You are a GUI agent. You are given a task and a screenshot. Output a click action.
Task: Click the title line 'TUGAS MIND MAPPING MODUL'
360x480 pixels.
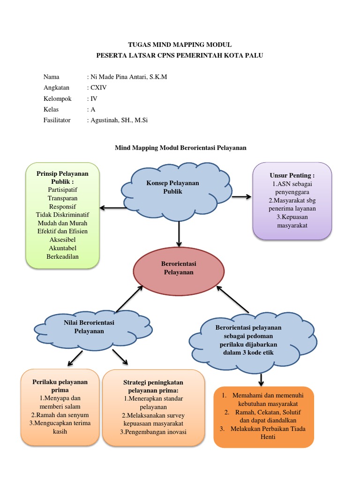pyautogui.click(x=180, y=45)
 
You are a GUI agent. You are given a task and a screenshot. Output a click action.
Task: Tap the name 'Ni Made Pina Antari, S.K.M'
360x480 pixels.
pyautogui.click(x=128, y=77)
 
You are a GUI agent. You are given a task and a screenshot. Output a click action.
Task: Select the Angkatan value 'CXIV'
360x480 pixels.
pyautogui.click(x=99, y=88)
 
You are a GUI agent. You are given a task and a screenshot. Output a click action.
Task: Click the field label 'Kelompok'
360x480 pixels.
pyautogui.click(x=57, y=98)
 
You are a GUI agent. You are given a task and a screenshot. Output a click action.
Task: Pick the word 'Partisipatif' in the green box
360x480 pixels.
pyautogui.click(x=63, y=189)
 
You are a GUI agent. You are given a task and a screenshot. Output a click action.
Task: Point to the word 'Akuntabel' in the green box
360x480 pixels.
pyautogui.click(x=63, y=248)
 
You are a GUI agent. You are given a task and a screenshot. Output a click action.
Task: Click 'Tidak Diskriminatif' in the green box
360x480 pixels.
pyautogui.click(x=63, y=215)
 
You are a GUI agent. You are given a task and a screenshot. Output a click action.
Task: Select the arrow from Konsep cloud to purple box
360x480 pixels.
pyautogui.click(x=241, y=196)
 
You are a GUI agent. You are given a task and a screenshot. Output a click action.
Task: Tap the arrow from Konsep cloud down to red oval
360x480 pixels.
pyautogui.click(x=179, y=234)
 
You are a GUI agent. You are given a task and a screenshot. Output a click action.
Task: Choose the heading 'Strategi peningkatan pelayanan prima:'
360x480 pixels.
pyautogui.click(x=153, y=386)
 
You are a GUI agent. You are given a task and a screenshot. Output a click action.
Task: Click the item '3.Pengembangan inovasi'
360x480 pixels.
pyautogui.click(x=153, y=432)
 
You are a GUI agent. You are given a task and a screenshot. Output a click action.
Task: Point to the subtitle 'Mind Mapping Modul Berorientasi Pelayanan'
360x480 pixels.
pyautogui.click(x=180, y=148)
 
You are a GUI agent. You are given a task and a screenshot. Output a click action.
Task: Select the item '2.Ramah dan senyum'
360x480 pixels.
pyautogui.click(x=60, y=415)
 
